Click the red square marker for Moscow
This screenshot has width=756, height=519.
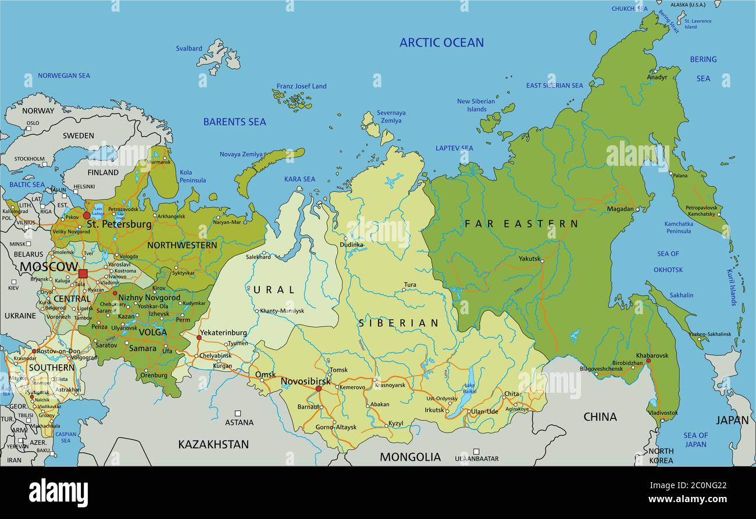coord(83,273)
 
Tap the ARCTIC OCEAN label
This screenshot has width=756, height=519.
coord(441,42)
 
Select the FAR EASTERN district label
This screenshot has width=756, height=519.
coord(521,223)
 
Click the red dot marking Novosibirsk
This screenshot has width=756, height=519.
coord(318,389)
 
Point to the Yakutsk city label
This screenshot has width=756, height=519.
coord(529,259)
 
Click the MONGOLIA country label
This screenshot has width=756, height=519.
coord(410,457)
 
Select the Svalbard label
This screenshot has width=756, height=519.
coord(189,49)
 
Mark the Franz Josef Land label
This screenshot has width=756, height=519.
coord(301,86)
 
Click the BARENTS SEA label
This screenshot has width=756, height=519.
coord(234,122)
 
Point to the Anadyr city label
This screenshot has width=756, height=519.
coord(657,77)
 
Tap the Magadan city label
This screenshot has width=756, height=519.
coord(620,209)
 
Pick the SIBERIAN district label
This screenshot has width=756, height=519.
coord(398,323)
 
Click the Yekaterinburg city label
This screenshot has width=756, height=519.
coord(223,333)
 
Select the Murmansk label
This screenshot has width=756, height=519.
coord(160,162)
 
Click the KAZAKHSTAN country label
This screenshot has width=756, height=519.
coord(213,445)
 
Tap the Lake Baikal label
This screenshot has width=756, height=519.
coord(470,388)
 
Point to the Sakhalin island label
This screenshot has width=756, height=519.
coord(681,295)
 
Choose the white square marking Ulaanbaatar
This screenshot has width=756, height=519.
coord(476,452)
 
